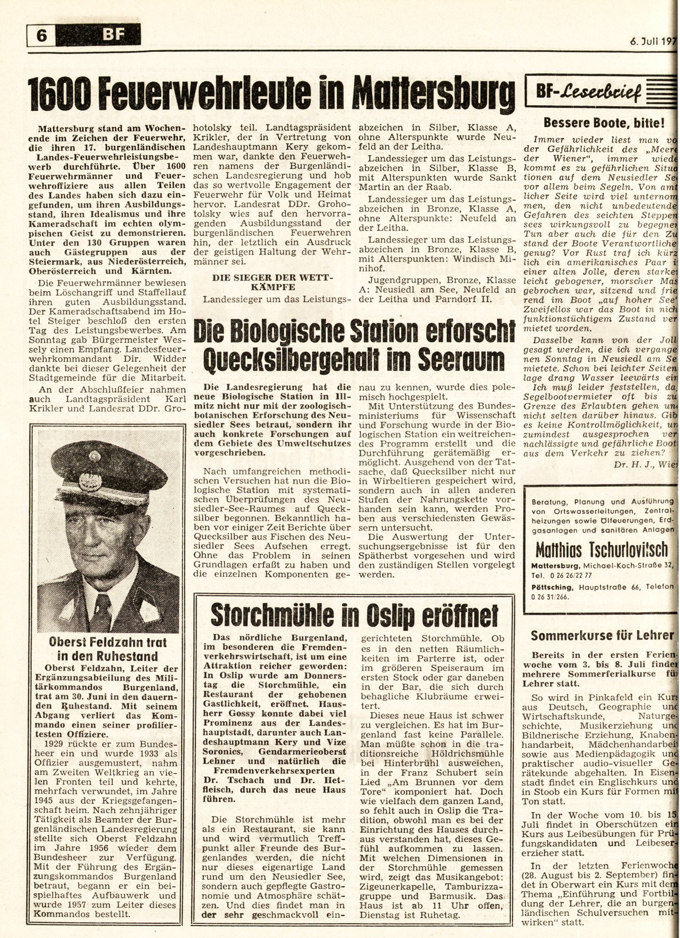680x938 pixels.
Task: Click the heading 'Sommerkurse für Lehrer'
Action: click(603, 635)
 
